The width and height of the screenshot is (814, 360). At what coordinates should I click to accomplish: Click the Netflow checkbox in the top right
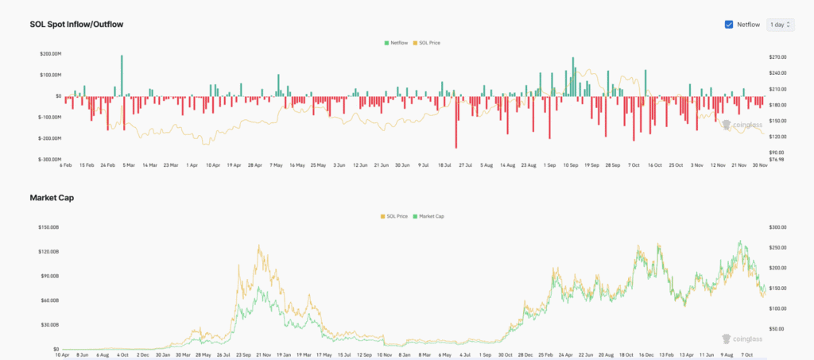click(729, 25)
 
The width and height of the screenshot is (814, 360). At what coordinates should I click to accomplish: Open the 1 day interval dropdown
click(780, 25)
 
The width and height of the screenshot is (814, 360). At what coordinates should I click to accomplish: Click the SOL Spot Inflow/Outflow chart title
click(76, 25)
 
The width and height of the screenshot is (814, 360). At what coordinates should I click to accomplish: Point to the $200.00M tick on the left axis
click(50, 54)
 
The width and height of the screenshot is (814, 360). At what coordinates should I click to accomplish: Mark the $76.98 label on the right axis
click(776, 159)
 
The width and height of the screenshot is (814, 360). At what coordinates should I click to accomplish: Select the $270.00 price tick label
click(777, 57)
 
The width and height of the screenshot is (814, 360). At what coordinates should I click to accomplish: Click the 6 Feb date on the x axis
click(66, 165)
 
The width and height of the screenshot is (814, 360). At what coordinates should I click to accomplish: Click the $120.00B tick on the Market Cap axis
click(50, 251)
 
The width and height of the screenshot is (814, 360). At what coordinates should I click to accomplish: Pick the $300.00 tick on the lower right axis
click(777, 227)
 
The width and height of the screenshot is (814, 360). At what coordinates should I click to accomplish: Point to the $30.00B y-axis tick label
click(51, 325)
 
